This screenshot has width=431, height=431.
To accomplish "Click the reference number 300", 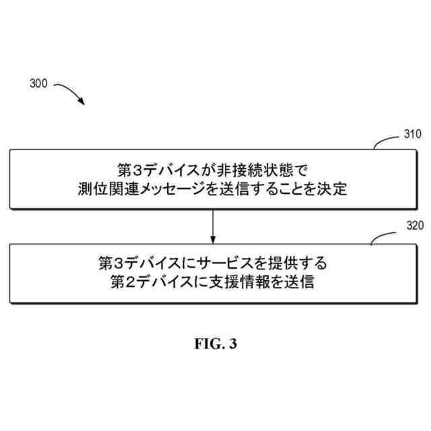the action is (x=39, y=84).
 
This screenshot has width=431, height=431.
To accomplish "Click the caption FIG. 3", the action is (x=215, y=344).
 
